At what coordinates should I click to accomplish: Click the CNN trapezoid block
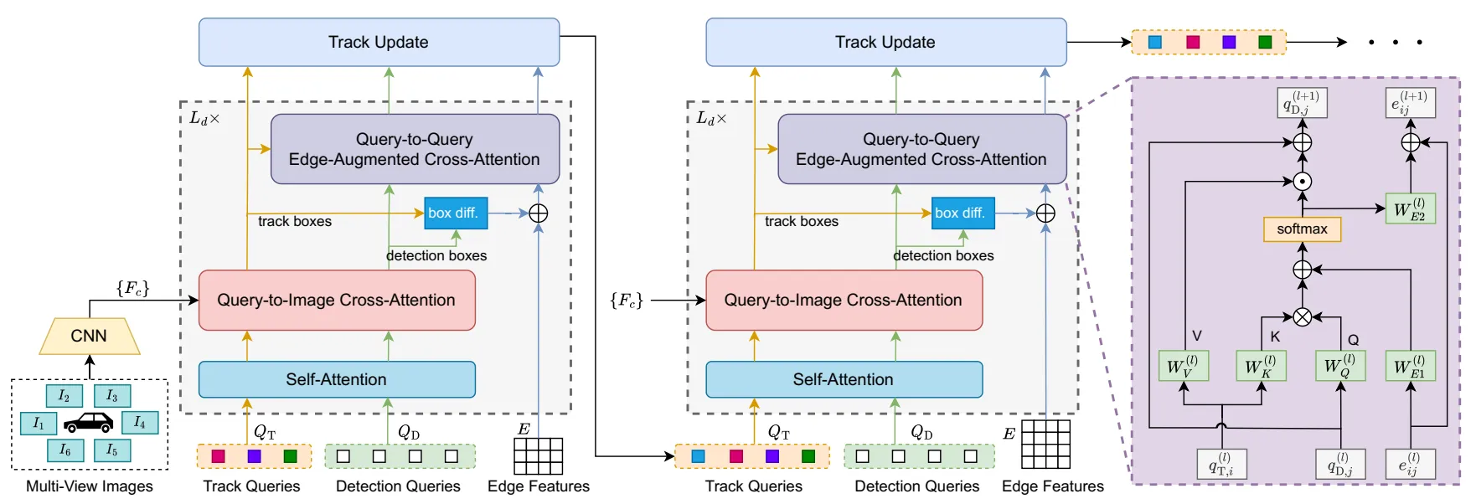[89, 336]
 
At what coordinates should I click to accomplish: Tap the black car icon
[88, 422]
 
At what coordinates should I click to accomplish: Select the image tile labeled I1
[39, 423]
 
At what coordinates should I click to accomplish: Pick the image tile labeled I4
[139, 422]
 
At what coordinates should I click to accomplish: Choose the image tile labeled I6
[65, 450]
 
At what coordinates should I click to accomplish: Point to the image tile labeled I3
[111, 395]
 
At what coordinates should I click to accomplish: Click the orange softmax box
[1302, 229]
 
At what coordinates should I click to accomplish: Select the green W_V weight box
[1182, 366]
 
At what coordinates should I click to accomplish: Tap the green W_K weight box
[1260, 366]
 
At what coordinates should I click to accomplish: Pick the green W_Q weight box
[1339, 366]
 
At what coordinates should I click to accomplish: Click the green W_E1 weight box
[1410, 366]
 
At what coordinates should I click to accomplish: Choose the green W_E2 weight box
[1410, 208]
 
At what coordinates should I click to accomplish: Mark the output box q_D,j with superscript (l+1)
[1302, 103]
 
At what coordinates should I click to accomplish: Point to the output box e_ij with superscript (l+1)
[1410, 103]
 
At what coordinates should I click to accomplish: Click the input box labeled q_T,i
[1221, 464]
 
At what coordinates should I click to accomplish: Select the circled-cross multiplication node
[1302, 316]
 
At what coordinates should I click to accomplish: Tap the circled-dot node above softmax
[1302, 181]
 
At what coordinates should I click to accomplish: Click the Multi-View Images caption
[90, 486]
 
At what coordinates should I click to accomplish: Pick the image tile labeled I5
[111, 450]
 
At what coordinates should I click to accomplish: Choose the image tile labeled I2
[64, 395]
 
